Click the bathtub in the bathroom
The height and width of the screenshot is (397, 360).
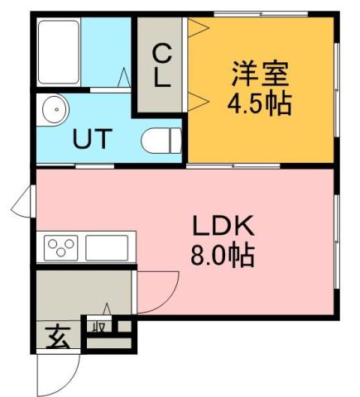(59, 51)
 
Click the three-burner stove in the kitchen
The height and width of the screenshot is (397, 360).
(60, 246)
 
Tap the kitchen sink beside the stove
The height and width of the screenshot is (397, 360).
(107, 246)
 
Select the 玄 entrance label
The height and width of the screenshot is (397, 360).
(56, 338)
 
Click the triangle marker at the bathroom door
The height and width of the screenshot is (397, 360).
(123, 79)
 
